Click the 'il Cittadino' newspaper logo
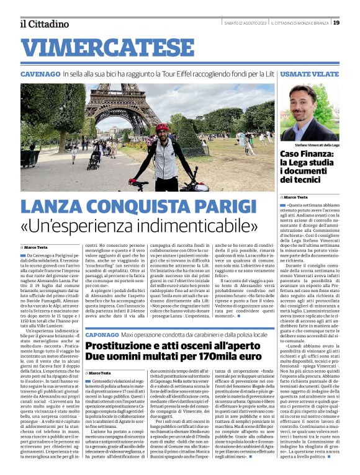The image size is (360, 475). click(44, 24)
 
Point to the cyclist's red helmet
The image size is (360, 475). click(161, 127)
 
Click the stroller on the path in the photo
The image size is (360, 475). click(94, 163)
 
